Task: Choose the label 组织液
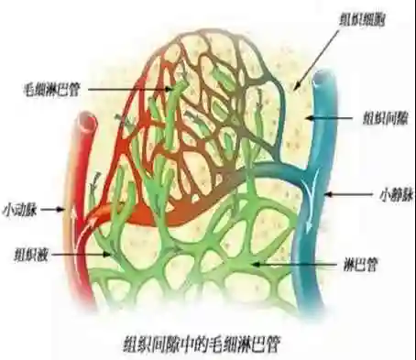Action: coord(25,255)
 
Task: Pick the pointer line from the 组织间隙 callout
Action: coord(334,117)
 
